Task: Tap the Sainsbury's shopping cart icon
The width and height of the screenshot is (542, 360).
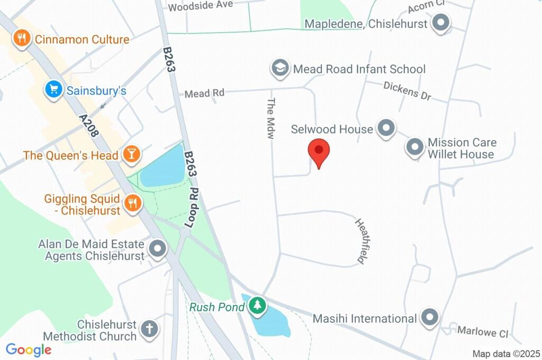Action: pyautogui.click(x=53, y=90)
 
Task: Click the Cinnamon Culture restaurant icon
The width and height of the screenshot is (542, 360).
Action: pyautogui.click(x=21, y=39)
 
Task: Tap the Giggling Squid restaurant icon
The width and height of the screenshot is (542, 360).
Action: pyautogui.click(x=131, y=203)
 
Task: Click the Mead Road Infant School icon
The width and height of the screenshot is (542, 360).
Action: pyautogui.click(x=279, y=68)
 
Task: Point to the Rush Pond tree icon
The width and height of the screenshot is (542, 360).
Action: pyautogui.click(x=257, y=306)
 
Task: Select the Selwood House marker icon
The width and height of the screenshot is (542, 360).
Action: pyautogui.click(x=386, y=129)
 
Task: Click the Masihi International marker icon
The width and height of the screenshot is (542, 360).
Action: pyautogui.click(x=430, y=318)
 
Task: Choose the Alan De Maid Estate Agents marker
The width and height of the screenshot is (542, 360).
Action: pyautogui.click(x=157, y=249)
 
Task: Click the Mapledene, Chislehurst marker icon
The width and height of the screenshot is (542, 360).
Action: pyautogui.click(x=440, y=24)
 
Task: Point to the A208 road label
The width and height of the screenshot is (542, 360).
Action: pyautogui.click(x=89, y=126)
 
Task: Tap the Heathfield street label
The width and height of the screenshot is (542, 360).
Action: pyautogui.click(x=362, y=241)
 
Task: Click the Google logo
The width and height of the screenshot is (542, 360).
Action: pyautogui.click(x=29, y=349)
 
